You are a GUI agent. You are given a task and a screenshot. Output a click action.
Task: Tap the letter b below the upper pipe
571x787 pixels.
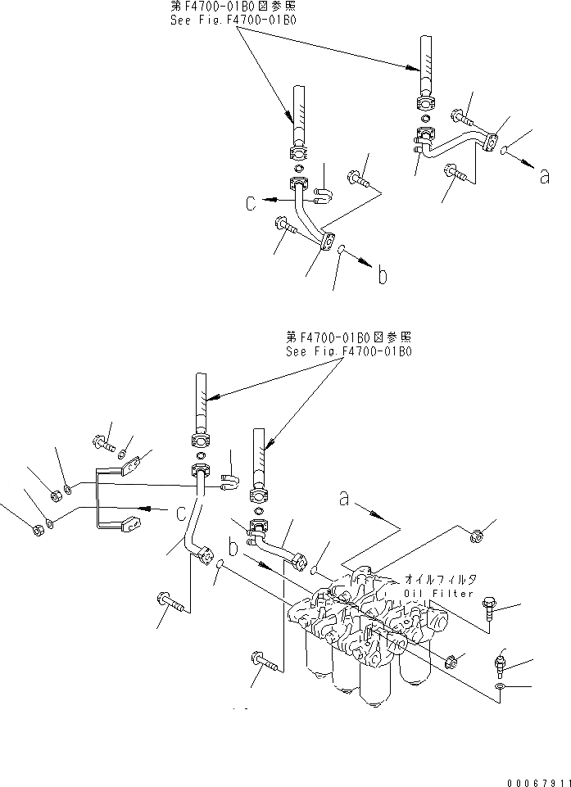(x=382, y=277)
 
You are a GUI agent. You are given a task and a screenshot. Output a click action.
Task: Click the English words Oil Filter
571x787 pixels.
(x=439, y=593)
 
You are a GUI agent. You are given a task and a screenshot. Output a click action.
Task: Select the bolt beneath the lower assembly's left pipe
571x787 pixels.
(x=172, y=604)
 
